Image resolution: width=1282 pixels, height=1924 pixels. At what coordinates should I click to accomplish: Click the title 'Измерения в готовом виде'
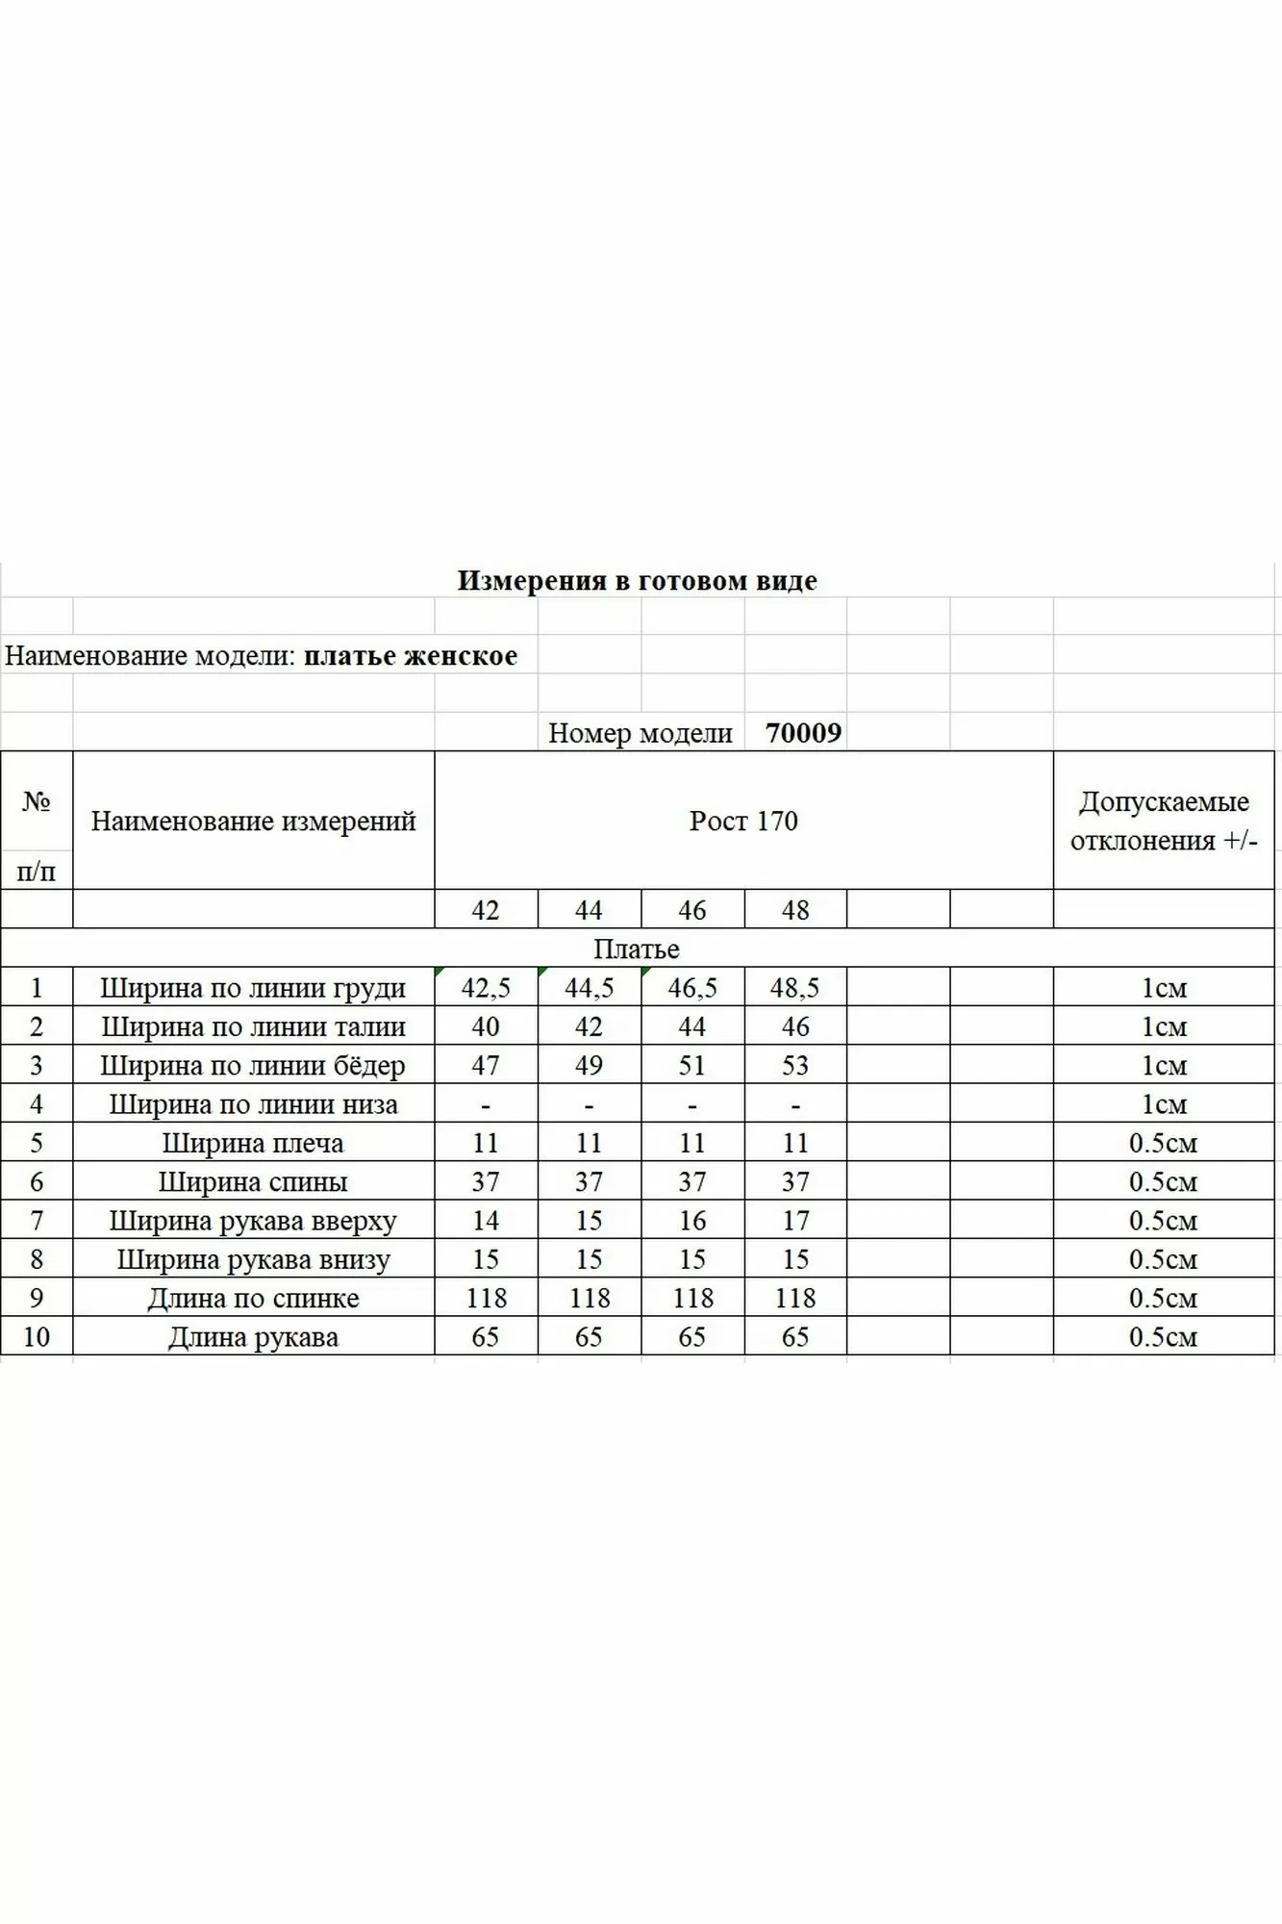click(x=637, y=580)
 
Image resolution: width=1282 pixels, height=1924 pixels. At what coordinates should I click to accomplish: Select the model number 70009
click(x=803, y=733)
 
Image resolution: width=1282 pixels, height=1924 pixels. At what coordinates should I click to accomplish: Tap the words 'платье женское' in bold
click(x=411, y=656)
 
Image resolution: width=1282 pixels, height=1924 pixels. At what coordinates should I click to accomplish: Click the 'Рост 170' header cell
click(x=743, y=821)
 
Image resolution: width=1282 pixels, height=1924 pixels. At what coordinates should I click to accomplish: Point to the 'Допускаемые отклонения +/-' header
click(x=1164, y=821)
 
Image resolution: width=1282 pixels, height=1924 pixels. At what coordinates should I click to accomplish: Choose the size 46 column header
click(x=691, y=910)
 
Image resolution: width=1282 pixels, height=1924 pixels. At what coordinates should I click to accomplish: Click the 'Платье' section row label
click(x=637, y=949)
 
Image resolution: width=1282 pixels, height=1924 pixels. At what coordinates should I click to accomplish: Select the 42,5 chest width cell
click(x=486, y=988)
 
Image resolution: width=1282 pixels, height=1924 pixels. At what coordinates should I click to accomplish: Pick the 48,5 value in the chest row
click(x=794, y=988)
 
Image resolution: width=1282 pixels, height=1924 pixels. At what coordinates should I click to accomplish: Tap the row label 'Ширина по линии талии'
click(x=253, y=1026)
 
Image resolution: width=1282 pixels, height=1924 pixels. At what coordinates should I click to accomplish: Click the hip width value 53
click(x=795, y=1066)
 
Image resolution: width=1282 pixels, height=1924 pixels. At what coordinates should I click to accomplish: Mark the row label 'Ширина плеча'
click(x=253, y=1143)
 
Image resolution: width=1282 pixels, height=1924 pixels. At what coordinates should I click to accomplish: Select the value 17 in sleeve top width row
click(x=795, y=1221)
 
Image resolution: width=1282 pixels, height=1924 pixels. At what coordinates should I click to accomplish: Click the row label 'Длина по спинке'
click(x=253, y=1298)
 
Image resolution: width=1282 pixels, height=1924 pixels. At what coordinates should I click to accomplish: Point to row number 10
click(x=37, y=1337)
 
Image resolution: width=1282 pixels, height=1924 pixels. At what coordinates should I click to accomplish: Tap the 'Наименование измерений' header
click(x=253, y=821)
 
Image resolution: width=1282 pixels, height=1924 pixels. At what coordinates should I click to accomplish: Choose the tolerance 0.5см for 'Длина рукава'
click(x=1163, y=1337)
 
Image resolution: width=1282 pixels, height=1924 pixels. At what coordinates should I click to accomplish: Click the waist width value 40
click(x=486, y=1026)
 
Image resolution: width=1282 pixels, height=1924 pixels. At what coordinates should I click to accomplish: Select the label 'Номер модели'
click(x=641, y=733)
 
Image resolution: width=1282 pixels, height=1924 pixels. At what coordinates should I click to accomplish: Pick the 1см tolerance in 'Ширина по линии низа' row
click(x=1164, y=1104)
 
